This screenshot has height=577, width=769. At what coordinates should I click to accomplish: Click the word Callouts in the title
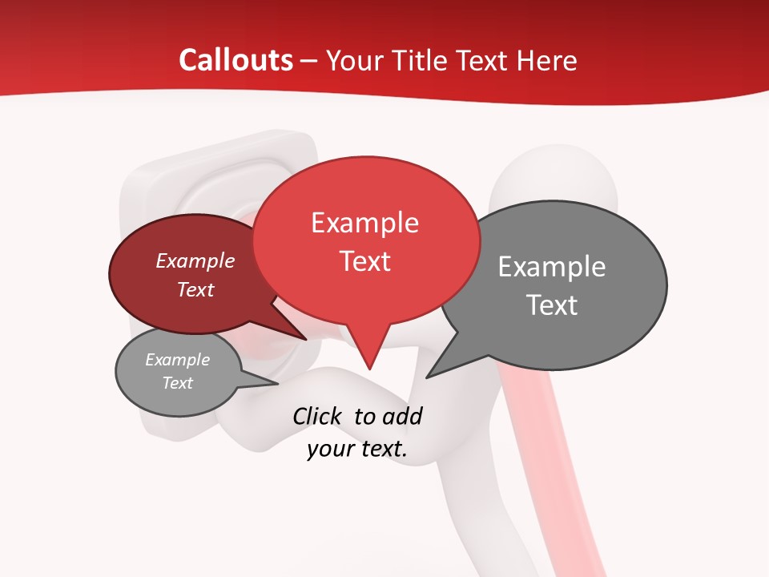tap(236, 60)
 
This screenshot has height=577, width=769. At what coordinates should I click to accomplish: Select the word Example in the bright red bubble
tap(364, 223)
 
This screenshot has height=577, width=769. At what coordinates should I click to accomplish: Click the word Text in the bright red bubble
tap(364, 260)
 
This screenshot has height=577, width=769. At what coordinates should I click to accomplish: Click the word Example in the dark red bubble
tap(195, 260)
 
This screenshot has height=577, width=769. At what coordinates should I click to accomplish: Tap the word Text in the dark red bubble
tap(195, 289)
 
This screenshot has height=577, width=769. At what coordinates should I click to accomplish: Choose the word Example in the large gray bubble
tap(551, 266)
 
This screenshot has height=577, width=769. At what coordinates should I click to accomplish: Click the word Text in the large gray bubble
tap(551, 305)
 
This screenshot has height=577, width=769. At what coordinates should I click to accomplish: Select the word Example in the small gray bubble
tap(177, 360)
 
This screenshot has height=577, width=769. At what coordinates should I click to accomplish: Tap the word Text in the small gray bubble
tap(177, 383)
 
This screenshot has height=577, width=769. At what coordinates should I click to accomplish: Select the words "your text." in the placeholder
tap(356, 449)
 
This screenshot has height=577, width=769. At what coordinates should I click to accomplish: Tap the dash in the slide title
tap(310, 61)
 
